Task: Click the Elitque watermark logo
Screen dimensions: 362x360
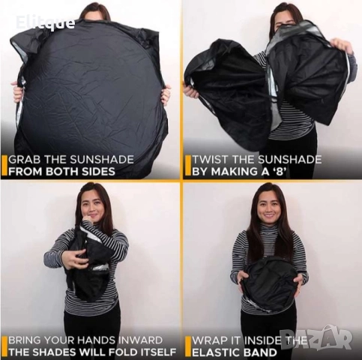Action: pos(45,22)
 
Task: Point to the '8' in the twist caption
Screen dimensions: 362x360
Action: pos(280,172)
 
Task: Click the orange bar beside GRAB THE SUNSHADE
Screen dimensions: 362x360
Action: pos(4,166)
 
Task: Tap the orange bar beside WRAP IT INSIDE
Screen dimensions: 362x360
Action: pos(187,347)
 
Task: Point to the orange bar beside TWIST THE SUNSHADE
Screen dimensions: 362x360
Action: pos(187,166)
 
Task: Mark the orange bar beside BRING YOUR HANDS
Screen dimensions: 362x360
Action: pos(4,347)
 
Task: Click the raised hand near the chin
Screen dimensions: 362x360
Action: pos(88,221)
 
